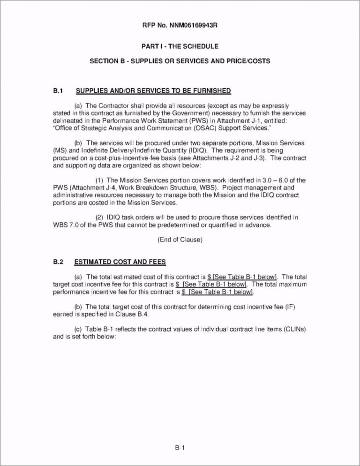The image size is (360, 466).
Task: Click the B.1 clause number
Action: click(x=58, y=90)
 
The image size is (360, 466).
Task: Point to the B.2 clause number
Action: click(x=58, y=262)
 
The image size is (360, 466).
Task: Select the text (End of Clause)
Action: click(x=180, y=240)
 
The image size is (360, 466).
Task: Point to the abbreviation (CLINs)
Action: click(x=293, y=330)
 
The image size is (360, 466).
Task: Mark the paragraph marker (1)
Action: click(x=100, y=180)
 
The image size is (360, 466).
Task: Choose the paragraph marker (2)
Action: click(x=100, y=218)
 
